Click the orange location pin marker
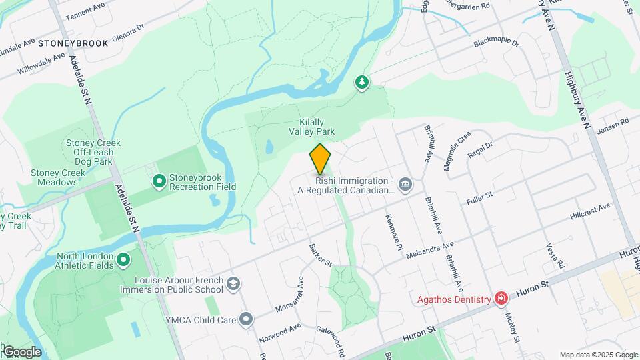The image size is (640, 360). (321, 159)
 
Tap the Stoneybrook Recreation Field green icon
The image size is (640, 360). (159, 181)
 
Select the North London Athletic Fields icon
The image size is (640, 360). (123, 259)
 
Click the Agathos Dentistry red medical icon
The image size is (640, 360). (501, 299)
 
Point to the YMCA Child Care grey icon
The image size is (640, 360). (247, 320)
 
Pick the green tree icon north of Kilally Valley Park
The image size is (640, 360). (362, 83)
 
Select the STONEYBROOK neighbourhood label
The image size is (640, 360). (73, 43)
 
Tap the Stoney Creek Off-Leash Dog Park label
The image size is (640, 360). (93, 152)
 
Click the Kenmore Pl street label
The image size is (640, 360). (395, 232)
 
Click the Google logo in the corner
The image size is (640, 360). (22, 351)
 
